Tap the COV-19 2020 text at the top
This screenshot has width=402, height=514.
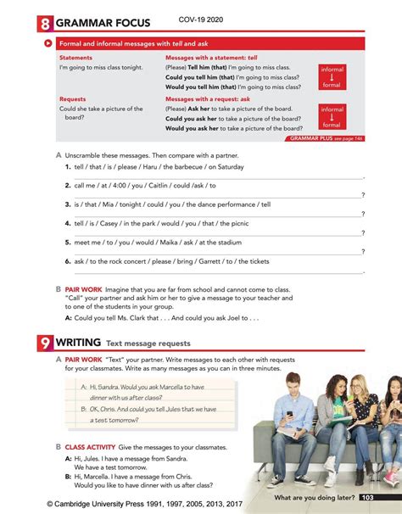(x=207, y=18)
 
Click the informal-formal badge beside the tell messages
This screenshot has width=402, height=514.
(x=332, y=76)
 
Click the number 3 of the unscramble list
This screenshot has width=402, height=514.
(x=67, y=204)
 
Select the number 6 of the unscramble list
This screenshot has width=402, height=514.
(x=67, y=261)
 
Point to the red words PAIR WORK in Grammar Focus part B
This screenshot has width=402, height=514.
(x=83, y=289)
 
